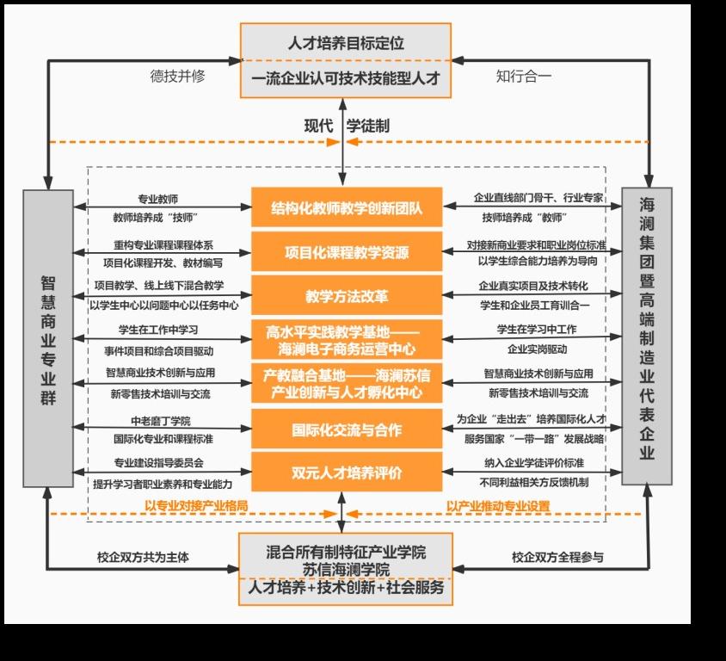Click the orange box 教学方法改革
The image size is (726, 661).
click(347, 295)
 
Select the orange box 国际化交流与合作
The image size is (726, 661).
click(347, 429)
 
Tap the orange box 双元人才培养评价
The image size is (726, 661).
click(347, 472)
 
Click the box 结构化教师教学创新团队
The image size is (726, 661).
click(347, 207)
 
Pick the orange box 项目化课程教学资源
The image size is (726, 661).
click(347, 251)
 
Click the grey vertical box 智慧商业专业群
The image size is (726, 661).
click(48, 338)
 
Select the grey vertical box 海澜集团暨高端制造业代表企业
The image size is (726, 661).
click(646, 337)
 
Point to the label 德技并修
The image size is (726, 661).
click(177, 76)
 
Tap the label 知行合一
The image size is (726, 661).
click(524, 76)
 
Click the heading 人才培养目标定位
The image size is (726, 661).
click(346, 43)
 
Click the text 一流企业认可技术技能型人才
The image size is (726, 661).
click(346, 78)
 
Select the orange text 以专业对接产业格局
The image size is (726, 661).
click(196, 505)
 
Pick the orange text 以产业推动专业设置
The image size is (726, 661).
click(498, 506)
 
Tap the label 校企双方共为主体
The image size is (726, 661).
click(143, 557)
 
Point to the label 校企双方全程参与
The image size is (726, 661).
click(557, 557)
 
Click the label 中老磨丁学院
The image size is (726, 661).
click(161, 421)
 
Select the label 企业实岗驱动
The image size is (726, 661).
click(537, 349)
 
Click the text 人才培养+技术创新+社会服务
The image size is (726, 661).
click(346, 587)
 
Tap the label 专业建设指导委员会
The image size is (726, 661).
click(159, 462)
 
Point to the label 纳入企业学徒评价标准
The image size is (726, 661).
click(534, 462)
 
